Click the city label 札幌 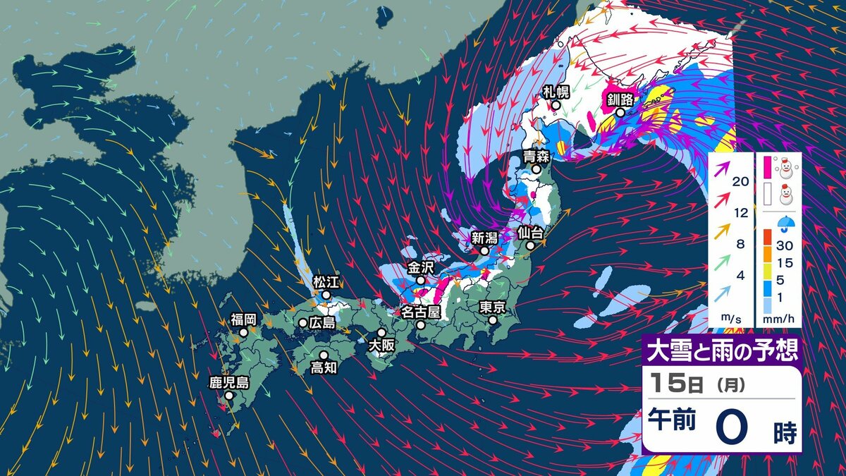(556, 91)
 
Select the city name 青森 (536, 156)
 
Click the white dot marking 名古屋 (420, 325)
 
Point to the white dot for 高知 (324, 355)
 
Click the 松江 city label (326, 282)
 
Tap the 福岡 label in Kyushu (243, 319)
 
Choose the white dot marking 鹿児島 (229, 396)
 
